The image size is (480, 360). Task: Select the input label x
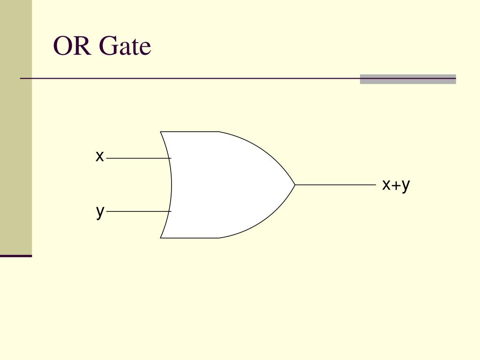[99, 156]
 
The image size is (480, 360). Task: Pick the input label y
[100, 211]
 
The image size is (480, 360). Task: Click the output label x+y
[396, 185]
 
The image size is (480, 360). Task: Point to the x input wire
[136, 158]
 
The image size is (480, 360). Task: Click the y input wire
[136, 211]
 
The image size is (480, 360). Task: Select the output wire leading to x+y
[335, 185]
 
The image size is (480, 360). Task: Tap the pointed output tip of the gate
[294, 185]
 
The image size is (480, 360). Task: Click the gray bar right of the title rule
[408, 79]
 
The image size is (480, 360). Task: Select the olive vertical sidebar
[16, 127]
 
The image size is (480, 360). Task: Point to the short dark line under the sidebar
[16, 256]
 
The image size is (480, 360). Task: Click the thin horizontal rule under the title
[187, 78]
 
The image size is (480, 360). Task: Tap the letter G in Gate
[107, 46]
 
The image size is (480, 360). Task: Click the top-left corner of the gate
[161, 132]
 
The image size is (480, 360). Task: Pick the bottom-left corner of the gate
[161, 238]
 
